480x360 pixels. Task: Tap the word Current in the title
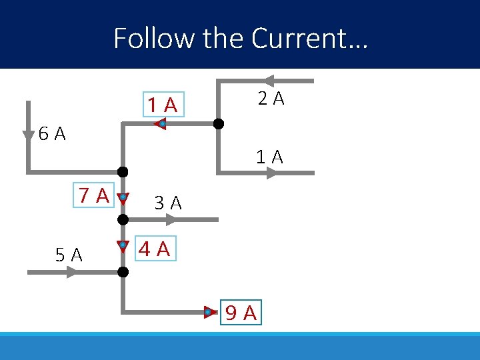click(x=299, y=38)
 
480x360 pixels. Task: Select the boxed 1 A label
click(x=163, y=105)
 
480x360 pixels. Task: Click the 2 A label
click(x=271, y=99)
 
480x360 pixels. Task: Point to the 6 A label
click(x=52, y=134)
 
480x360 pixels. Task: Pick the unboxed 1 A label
click(x=270, y=157)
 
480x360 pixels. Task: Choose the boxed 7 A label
click(x=94, y=195)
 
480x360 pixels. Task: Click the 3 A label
click(x=167, y=203)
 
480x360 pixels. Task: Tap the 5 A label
click(x=69, y=255)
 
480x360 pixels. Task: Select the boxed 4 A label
click(x=155, y=249)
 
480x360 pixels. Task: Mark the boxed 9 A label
click(x=241, y=312)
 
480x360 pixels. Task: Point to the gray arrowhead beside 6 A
click(x=28, y=136)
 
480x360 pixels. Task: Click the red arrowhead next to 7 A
click(x=123, y=198)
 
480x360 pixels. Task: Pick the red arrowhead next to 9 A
click(x=209, y=311)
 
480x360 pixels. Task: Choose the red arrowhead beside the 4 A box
click(x=123, y=245)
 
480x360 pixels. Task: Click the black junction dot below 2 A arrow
click(x=218, y=124)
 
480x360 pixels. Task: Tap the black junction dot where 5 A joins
click(x=123, y=272)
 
